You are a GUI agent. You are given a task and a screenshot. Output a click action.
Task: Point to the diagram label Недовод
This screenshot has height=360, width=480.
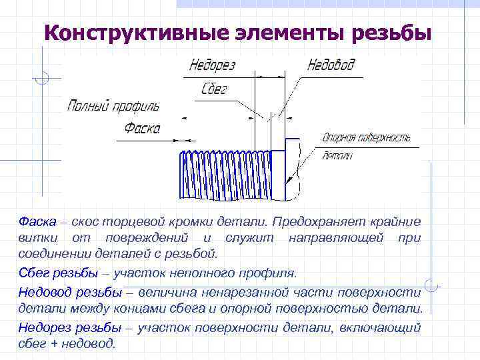[331, 65]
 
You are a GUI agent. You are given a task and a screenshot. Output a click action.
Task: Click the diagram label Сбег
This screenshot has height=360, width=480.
[214, 89]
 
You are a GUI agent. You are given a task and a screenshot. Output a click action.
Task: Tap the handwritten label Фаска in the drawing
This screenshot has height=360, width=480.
[142, 129]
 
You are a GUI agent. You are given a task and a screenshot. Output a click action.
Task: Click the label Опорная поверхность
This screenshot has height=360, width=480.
[365, 138]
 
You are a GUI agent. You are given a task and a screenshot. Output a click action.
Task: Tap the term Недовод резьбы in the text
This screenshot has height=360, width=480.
[70, 291]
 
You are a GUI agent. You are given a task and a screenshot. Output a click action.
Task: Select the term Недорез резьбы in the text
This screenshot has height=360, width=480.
[69, 327]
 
